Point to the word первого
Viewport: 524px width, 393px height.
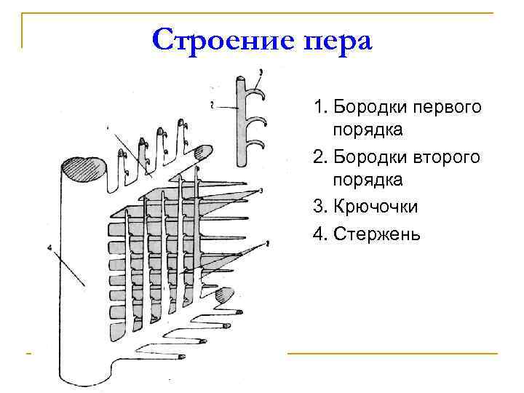(x=445, y=108)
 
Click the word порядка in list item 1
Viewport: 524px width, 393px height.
(x=368, y=131)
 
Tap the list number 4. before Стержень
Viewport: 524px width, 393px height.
(x=320, y=234)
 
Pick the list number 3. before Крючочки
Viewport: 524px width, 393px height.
(x=320, y=207)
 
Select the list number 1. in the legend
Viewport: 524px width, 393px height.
(x=320, y=108)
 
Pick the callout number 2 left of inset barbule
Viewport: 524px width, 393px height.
(x=210, y=106)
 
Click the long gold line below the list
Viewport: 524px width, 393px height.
(x=392, y=354)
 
